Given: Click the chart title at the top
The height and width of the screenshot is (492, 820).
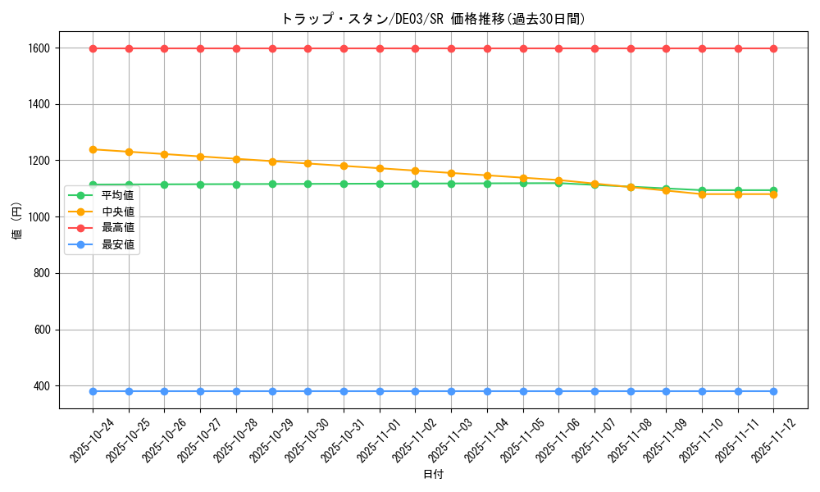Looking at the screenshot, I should [433, 19].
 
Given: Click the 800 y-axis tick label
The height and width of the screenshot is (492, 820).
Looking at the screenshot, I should [42, 273].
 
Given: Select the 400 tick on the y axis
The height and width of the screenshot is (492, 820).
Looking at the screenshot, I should [42, 386].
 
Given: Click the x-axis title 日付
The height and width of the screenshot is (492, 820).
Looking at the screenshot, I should [433, 475].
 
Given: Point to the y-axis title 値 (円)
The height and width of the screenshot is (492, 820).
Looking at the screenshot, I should [16, 221].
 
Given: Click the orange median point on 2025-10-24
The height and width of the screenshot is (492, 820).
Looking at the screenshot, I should [93, 149].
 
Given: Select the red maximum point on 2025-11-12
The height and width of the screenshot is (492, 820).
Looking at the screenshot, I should [773, 48].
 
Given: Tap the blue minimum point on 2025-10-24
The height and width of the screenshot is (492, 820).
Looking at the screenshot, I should [93, 391].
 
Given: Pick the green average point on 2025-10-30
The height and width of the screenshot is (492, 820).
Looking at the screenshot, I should [307, 184].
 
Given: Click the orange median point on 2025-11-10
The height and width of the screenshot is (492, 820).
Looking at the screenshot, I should [702, 194].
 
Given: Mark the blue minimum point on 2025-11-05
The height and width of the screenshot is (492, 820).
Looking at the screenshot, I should [523, 391].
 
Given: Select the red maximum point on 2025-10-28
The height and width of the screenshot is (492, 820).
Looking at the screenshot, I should [236, 48].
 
